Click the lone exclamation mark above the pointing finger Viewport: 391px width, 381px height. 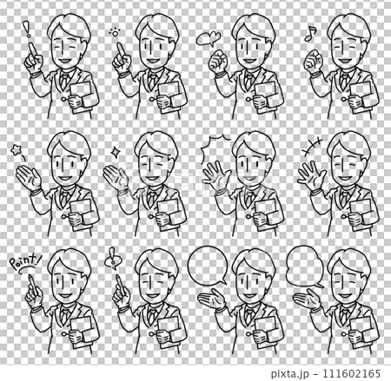click(28, 30)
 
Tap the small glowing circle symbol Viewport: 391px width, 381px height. click(115, 33)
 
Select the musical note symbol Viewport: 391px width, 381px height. click(310, 34)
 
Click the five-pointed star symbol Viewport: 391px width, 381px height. click(16, 150)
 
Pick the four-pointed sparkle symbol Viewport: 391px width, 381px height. click(116, 151)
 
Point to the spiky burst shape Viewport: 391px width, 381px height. click(215, 148)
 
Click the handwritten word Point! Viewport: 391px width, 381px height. click(25, 260)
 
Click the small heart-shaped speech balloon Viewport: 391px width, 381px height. click(209, 38)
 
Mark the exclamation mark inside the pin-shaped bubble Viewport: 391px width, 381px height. click(111, 255)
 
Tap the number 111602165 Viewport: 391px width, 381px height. click(352, 373)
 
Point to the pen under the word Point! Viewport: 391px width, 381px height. click(33, 286)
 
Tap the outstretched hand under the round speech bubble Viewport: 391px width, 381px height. click(212, 299)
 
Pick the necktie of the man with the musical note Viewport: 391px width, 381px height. click(344, 81)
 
